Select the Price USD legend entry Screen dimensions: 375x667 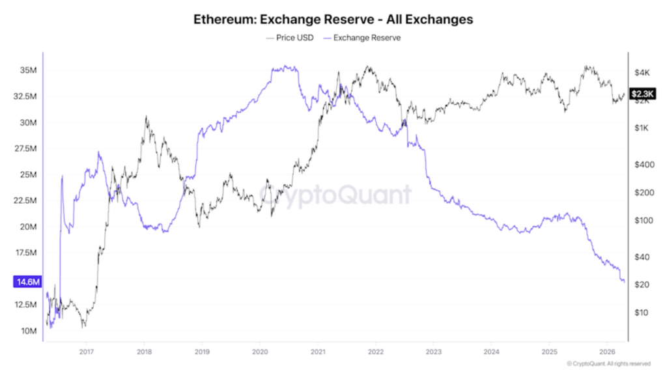click(290, 38)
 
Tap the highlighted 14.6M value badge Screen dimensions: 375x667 click(27, 282)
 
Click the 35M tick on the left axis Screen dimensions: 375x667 click(31, 70)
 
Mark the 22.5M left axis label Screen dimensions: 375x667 click(27, 201)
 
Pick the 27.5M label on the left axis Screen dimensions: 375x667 click(27, 148)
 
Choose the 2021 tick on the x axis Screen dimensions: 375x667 click(317, 352)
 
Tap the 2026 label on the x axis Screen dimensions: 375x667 click(606, 352)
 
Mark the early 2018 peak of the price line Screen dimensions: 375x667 click(145, 117)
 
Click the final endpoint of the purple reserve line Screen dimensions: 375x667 click(625, 282)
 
